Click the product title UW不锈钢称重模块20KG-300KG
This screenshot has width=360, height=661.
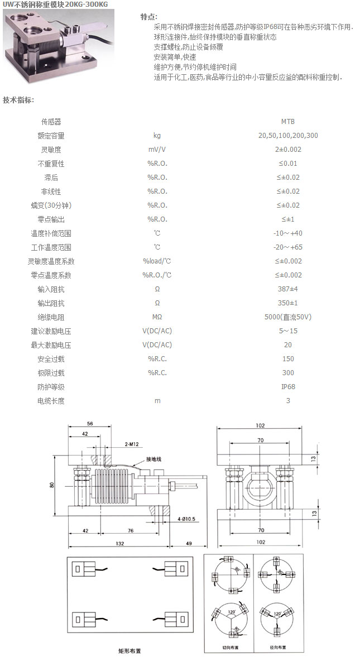click(x=55, y=4)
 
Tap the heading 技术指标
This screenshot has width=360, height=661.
click(x=18, y=100)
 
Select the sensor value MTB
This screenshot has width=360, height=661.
click(x=288, y=122)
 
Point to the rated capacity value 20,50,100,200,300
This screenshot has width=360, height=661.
click(x=288, y=136)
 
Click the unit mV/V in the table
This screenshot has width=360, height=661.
click(x=157, y=150)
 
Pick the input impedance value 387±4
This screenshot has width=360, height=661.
click(x=288, y=289)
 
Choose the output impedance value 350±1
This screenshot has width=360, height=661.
click(x=288, y=303)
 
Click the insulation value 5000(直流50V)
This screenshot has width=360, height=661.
click(x=288, y=317)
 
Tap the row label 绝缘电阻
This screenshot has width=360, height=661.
click(x=51, y=317)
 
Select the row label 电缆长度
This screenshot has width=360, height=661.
click(x=51, y=401)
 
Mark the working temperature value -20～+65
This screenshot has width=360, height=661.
click(x=288, y=247)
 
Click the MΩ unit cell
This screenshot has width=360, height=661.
click(x=157, y=317)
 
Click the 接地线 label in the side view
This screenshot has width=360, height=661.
click(x=153, y=459)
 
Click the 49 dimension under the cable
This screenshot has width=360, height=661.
click(x=189, y=543)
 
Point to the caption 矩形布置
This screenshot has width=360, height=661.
click(x=129, y=651)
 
